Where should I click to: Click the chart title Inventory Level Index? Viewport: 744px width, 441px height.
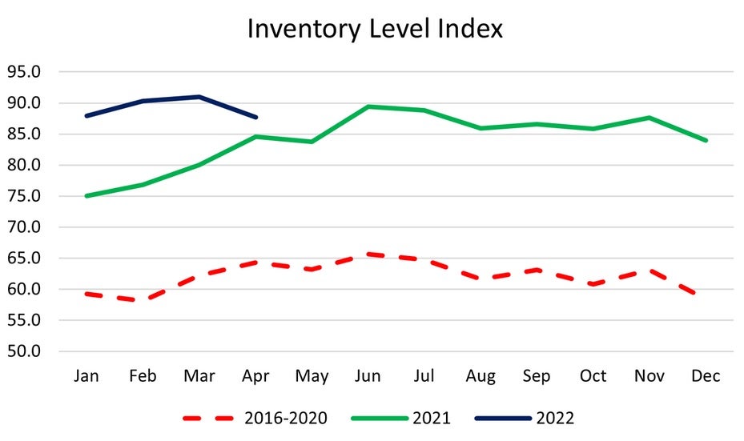375,29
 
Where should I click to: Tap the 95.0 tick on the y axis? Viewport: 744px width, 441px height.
24,71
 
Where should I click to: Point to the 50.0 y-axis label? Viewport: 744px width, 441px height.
24,351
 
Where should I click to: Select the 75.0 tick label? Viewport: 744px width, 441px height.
24,196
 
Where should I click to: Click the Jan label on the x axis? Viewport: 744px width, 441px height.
86,376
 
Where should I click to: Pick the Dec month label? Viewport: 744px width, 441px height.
706,376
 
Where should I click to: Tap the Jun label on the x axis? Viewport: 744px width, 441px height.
368,376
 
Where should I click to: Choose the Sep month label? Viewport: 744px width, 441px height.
537,376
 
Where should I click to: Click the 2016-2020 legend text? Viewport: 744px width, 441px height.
286,419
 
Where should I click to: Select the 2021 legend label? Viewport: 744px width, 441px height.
432,419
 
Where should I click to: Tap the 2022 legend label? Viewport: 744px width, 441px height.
555,419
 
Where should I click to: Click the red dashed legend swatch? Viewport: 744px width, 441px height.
208,419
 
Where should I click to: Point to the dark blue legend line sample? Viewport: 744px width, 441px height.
503,419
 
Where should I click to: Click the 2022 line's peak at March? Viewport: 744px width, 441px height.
199,97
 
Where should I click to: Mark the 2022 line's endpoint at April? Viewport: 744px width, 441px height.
255,117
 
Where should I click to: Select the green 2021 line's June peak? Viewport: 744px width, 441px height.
368,106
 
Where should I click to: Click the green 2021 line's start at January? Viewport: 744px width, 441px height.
86,196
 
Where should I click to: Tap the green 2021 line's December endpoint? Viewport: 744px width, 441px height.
706,140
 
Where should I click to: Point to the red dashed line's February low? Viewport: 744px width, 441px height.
143,299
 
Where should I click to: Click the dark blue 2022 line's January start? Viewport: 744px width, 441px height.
86,116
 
